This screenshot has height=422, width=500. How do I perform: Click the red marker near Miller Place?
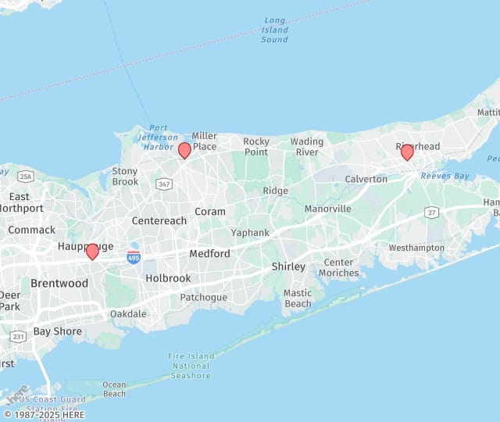pyautogui.click(x=184, y=150)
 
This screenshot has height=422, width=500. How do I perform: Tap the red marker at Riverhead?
pyautogui.click(x=407, y=152)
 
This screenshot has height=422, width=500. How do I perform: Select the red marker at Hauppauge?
pyautogui.click(x=92, y=251)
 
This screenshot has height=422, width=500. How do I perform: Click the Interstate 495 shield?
pyautogui.click(x=134, y=256)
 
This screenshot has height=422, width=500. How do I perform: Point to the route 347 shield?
pyautogui.click(x=164, y=184)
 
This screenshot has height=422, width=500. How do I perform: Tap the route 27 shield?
pyautogui.click(x=432, y=212)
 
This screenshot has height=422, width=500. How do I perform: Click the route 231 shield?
pyautogui.click(x=18, y=336)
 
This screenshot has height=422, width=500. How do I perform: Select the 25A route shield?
pyautogui.click(x=26, y=176)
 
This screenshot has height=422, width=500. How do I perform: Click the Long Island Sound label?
pyautogui.click(x=274, y=30)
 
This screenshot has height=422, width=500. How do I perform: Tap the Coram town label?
pyautogui.click(x=209, y=212)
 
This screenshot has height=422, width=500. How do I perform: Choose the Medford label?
pyautogui.click(x=209, y=254)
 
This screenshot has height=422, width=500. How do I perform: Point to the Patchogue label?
pyautogui.click(x=203, y=298)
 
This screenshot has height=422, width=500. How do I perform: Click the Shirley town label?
pyautogui.click(x=288, y=266)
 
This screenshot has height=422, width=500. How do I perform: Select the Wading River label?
pyautogui.click(x=307, y=147)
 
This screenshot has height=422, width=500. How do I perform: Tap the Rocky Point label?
pyautogui.click(x=255, y=147)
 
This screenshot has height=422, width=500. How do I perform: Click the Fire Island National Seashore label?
pyautogui.click(x=191, y=366)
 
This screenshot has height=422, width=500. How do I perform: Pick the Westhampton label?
pyautogui.click(x=416, y=248)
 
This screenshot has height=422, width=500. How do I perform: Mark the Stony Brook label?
pyautogui.click(x=125, y=177)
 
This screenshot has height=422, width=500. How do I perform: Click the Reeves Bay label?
pyautogui.click(x=445, y=176)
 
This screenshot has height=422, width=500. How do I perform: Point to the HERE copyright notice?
pyautogui.click(x=44, y=415)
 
